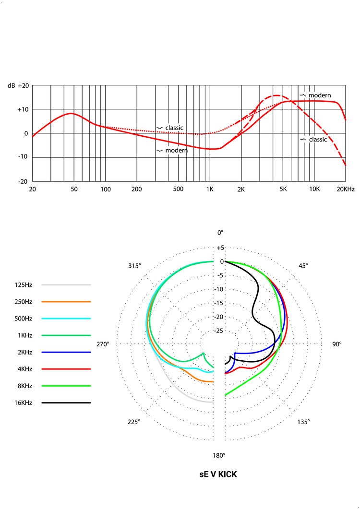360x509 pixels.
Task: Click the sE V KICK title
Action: [218, 474]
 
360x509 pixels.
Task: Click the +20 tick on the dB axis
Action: [23, 85]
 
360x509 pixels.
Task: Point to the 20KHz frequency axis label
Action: [345, 189]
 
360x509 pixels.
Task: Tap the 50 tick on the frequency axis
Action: [73, 189]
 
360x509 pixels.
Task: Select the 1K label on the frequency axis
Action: [209, 189]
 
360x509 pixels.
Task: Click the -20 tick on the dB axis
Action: [23, 181]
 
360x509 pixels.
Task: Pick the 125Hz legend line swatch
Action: [66, 285]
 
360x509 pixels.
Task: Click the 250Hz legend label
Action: [24, 302]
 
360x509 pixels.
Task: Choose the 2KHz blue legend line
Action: [66, 352]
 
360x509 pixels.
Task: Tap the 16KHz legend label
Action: [24, 402]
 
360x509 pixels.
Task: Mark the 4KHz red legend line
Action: [66, 369]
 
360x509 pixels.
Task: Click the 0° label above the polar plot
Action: [220, 233]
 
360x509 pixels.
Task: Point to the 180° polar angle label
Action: [219, 455]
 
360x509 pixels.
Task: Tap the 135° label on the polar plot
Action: [303, 422]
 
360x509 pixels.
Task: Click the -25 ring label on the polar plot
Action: [220, 331]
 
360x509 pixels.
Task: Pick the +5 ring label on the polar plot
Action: [220, 248]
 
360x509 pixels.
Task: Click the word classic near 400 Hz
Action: [174, 128]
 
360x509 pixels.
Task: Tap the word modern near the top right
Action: [319, 95]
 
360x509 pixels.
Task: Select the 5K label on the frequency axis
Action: [283, 189]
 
